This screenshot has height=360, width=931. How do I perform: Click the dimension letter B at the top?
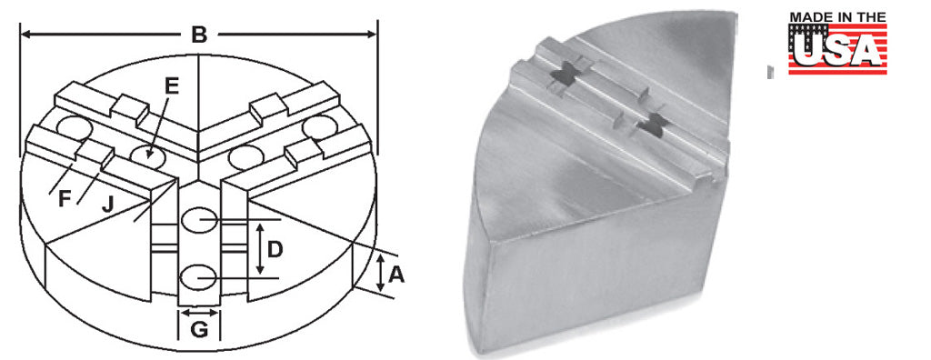(x=199, y=35)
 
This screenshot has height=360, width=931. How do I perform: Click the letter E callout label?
(x=172, y=86)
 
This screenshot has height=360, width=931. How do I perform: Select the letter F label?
(x=65, y=199)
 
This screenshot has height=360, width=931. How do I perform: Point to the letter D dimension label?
(x=275, y=250)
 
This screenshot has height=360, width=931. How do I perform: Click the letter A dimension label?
(x=396, y=275)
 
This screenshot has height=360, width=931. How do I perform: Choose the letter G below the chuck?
(x=199, y=330)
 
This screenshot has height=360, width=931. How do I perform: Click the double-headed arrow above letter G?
(x=199, y=313)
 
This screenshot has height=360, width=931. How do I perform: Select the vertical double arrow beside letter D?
(x=259, y=248)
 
